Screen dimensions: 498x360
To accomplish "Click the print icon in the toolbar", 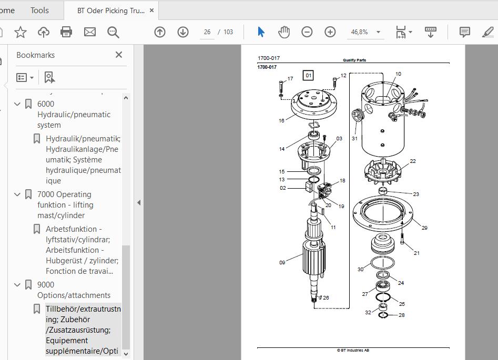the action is pos(66,32).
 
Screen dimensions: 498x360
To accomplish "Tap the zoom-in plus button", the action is pos(330,32).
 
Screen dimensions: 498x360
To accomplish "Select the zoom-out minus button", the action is pos(307,32).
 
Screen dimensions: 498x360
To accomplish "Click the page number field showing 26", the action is pos(207,32).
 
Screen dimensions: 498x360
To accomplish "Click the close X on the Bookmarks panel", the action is pos(119,55).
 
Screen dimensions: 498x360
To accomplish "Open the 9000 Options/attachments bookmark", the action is pos(74,290).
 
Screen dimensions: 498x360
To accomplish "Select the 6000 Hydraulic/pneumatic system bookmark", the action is pos(74,114).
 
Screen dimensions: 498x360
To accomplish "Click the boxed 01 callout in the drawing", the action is pos(308,76).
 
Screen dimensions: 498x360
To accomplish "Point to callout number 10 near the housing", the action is pos(398,74).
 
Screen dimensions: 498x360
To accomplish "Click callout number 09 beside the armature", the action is pos(282,263).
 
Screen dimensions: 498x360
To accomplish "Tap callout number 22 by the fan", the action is pos(413,161).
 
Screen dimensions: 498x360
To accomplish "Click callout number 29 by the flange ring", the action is pos(424,228).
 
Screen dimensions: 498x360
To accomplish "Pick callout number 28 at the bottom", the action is pos(401,315).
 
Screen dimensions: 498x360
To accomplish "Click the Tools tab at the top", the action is pos(39,11).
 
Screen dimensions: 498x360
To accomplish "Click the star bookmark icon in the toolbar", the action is pos(21,32).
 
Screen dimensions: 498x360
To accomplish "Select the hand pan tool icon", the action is pos(283,32).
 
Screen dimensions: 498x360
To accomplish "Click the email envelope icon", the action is pos(90,32).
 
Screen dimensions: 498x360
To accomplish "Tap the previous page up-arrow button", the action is pos(160,32).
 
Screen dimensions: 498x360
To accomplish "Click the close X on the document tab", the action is pos(152,11).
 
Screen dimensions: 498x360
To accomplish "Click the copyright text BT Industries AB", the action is pos(353,351).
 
